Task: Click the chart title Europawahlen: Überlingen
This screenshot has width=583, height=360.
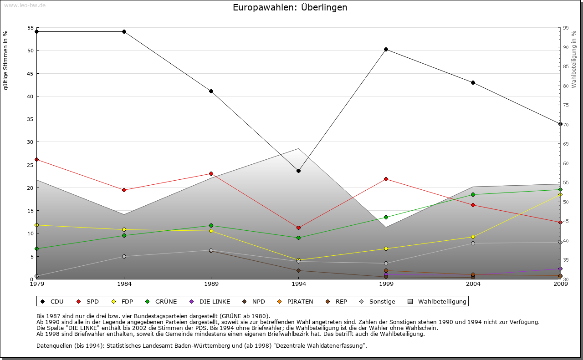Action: (x=290, y=8)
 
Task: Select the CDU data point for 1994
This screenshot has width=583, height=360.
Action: (x=298, y=171)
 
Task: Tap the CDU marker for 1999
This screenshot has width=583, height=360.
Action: (x=386, y=49)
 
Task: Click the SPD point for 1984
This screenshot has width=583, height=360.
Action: (x=124, y=190)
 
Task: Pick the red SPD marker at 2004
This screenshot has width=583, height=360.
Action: (x=473, y=205)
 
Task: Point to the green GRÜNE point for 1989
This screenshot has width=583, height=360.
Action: (x=211, y=225)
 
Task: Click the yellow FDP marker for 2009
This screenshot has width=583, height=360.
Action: (x=560, y=195)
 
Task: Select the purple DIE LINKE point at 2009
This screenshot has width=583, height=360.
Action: (x=560, y=269)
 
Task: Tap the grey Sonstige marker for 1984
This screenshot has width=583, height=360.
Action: (x=124, y=256)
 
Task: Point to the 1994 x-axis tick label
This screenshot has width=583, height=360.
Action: (x=298, y=284)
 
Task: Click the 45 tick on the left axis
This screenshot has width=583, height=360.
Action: (x=30, y=73)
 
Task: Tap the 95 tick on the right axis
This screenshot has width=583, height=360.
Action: (x=566, y=28)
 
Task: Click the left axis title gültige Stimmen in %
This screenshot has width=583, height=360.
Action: (x=6, y=60)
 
